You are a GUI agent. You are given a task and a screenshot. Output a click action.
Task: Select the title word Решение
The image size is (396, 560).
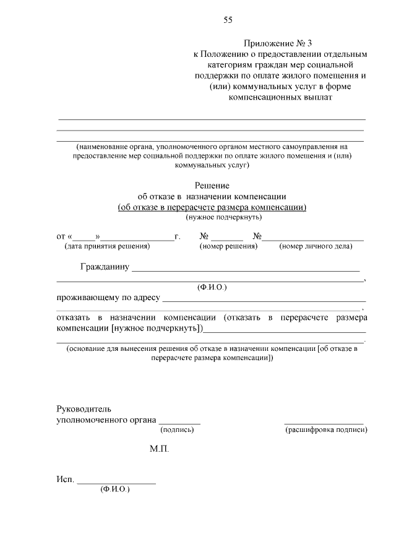tap(212, 185)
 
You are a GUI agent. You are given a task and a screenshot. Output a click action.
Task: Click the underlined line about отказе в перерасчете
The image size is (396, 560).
tap(212, 207)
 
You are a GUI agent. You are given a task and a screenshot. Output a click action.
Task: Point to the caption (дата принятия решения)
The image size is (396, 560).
tap(107, 246)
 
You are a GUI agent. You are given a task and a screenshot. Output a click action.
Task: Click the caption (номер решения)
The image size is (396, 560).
tap(228, 246)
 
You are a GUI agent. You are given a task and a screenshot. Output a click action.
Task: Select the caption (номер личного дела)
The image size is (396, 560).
tap(316, 246)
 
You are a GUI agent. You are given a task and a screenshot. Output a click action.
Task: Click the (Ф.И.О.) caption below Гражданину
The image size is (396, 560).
tap(212, 287)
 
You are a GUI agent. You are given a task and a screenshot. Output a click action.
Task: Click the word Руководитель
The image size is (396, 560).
tap(84, 409)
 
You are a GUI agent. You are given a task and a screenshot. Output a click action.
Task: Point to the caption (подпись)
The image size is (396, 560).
tap(177, 429)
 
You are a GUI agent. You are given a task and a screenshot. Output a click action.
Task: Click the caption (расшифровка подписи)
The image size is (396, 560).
tap(326, 429)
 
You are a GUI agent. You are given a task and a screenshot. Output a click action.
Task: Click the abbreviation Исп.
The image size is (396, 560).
tap(65, 480)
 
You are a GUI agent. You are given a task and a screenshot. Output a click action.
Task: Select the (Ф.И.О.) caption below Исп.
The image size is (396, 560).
tap(114, 489)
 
